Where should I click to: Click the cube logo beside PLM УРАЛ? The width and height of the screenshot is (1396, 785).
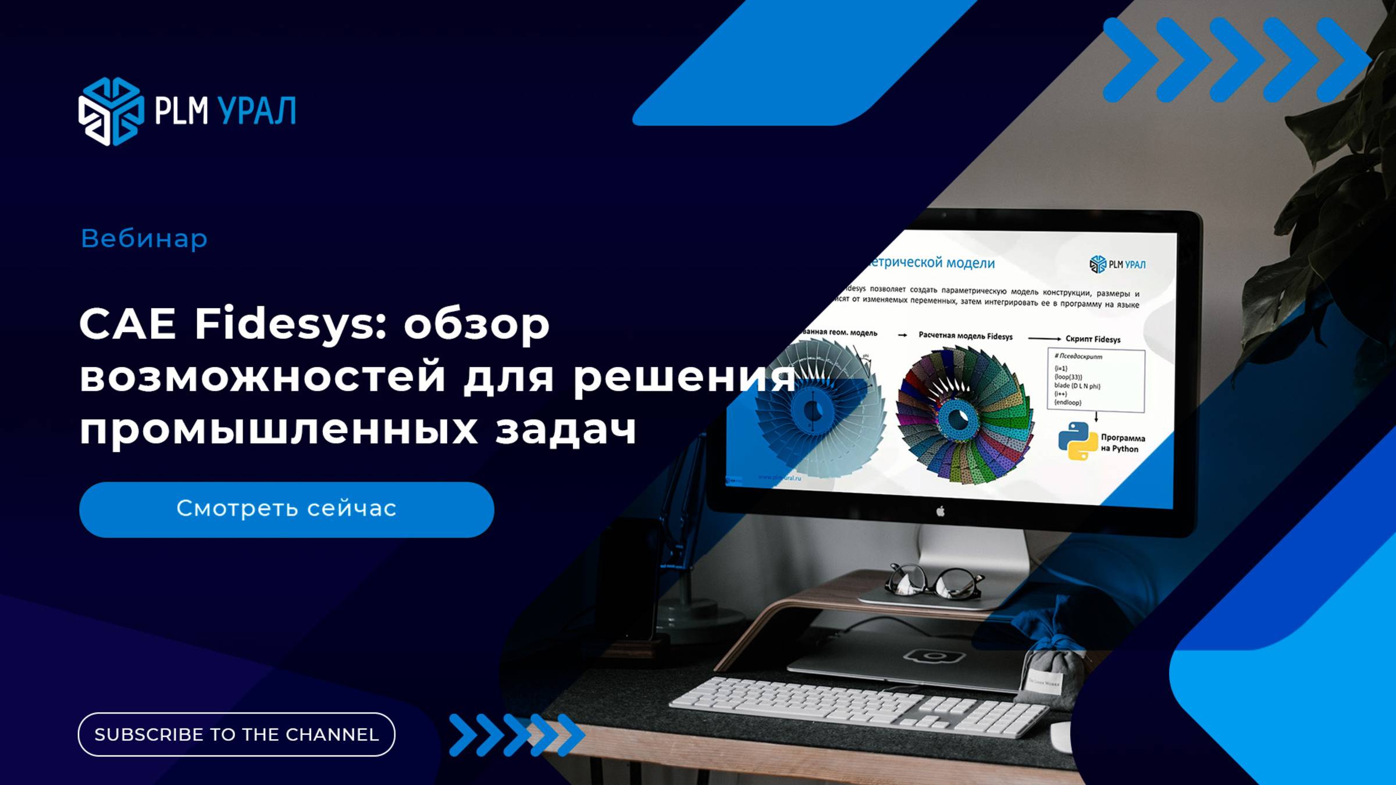click(x=111, y=111)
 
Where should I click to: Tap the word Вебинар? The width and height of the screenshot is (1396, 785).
click(x=144, y=238)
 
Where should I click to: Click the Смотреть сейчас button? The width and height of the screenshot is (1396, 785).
click(x=286, y=509)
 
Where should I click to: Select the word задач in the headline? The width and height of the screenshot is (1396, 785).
click(x=566, y=430)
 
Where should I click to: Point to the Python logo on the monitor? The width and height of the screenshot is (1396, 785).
click(x=1077, y=441)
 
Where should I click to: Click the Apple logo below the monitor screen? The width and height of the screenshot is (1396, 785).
click(x=941, y=511)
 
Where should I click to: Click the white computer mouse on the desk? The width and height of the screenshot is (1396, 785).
click(x=1062, y=737)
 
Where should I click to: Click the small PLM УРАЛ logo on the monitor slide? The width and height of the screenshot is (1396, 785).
click(x=1117, y=265)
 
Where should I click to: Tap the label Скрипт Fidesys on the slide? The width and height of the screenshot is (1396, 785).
click(x=1092, y=339)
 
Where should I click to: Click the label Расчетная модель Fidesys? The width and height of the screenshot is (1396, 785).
click(x=965, y=336)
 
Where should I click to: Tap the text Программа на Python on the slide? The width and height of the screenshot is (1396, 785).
click(x=1122, y=443)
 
